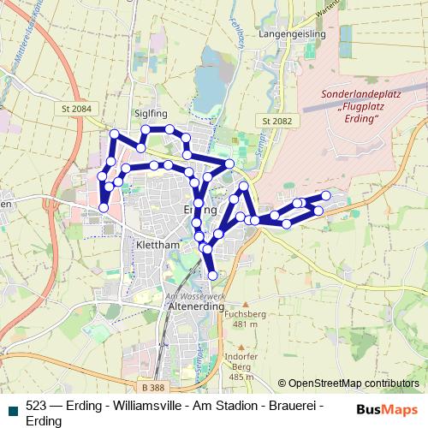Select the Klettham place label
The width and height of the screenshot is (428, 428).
(x=157, y=244)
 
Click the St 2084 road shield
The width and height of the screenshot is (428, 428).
(x=76, y=109)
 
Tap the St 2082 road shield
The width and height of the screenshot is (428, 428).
(x=278, y=122)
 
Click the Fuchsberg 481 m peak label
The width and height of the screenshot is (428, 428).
(x=240, y=319)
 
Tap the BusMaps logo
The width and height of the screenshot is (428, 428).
(x=387, y=409)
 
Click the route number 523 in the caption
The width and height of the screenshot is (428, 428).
(x=37, y=407)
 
